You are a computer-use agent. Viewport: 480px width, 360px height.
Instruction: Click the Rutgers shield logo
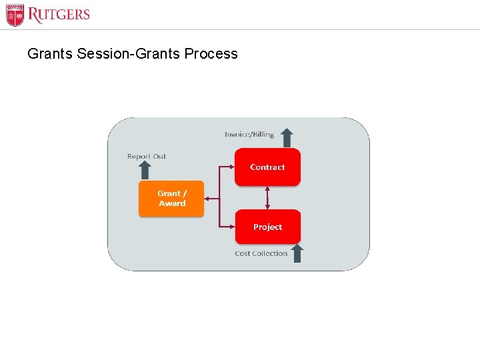coord(15,15)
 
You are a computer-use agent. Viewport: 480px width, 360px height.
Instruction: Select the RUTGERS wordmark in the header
coord(59,15)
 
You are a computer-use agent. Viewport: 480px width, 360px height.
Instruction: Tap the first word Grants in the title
coord(50,54)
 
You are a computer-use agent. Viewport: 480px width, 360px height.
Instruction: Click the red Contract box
coord(267,167)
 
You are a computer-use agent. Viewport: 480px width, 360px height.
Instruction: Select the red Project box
coord(267,227)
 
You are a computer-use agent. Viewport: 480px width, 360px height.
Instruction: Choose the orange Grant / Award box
coord(171,199)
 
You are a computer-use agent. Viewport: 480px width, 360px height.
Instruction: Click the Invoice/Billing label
coord(249,135)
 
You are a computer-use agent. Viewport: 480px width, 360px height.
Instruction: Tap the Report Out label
coord(147,157)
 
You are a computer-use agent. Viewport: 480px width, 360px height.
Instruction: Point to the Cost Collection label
coord(261,253)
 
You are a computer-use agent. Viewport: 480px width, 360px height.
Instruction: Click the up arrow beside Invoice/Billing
coord(287,137)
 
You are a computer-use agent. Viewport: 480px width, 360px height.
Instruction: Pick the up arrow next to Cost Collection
coord(297,253)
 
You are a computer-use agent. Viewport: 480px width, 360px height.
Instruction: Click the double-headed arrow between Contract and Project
coord(267,197)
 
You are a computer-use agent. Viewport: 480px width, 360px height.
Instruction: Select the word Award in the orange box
coord(172,203)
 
